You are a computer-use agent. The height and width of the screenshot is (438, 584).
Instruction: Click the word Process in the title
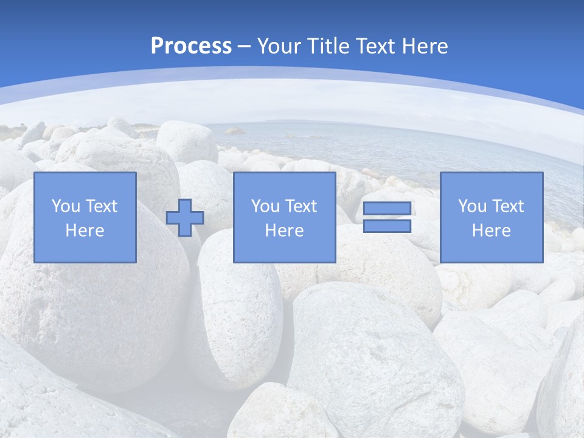(x=191, y=46)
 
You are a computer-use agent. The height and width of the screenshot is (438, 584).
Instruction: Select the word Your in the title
(x=280, y=46)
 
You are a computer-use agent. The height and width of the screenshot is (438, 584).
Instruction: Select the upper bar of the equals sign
(x=387, y=209)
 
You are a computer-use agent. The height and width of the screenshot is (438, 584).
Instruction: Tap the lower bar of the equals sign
(x=387, y=226)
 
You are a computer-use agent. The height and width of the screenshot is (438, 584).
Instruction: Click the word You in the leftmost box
(x=66, y=206)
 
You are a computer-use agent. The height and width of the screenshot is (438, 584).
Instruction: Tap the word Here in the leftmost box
(x=85, y=231)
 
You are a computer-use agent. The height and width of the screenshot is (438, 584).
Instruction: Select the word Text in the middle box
(x=301, y=206)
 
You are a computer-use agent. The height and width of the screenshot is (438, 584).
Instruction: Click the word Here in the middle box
(x=285, y=231)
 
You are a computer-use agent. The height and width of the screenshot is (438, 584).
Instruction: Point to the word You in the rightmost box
(x=472, y=206)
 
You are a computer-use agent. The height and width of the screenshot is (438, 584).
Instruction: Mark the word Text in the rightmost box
(x=507, y=206)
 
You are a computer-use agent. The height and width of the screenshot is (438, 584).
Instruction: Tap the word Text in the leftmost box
(x=101, y=206)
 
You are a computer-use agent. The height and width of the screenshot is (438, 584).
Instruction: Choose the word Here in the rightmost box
(x=492, y=231)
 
